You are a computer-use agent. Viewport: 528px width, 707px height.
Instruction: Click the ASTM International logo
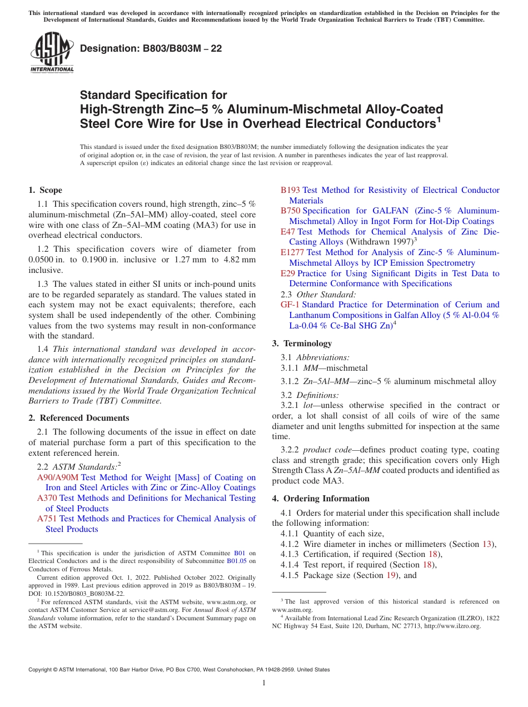pos(52,53)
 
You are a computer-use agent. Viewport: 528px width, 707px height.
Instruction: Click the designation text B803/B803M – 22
pos(151,48)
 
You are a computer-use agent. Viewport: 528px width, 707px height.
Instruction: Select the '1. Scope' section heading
pos(46,190)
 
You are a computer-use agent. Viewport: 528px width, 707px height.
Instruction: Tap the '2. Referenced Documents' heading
pos(79,418)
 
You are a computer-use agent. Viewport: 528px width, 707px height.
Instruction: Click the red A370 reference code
pos(47,498)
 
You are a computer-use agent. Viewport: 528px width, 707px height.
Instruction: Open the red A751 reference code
pos(47,519)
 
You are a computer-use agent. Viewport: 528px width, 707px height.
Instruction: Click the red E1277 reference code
pos(292,252)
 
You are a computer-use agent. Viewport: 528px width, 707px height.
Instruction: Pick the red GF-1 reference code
pos(290,305)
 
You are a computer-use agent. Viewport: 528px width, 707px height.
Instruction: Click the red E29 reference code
pos(287,273)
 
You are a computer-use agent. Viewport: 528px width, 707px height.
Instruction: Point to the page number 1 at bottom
pos(264,683)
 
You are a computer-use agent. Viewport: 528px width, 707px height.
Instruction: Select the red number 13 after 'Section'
pos(487,544)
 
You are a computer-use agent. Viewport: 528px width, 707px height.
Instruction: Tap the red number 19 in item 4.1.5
pos(391,575)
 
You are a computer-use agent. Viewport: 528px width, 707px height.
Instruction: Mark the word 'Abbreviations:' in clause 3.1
pos(322,357)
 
